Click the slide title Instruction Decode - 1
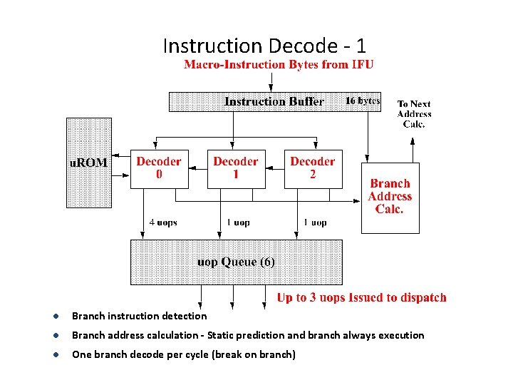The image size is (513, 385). (x=264, y=46)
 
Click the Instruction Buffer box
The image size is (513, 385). (x=274, y=101)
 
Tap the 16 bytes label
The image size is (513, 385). (x=362, y=101)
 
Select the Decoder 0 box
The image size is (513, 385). (x=159, y=168)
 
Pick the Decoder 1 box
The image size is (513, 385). (x=236, y=168)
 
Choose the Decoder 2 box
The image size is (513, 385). (x=313, y=168)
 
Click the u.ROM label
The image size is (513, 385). (x=88, y=163)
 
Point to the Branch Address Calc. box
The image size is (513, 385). (x=390, y=197)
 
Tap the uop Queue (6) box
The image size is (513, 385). (x=236, y=262)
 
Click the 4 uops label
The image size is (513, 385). (x=163, y=222)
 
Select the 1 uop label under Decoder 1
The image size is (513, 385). (x=238, y=222)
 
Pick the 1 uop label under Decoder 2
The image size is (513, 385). (x=315, y=222)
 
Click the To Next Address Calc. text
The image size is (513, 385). (x=414, y=114)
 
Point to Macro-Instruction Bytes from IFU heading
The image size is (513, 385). (x=279, y=65)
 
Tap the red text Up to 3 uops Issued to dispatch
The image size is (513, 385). (x=361, y=298)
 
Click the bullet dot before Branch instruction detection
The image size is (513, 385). (x=54, y=317)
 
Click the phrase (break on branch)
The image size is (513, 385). (x=254, y=354)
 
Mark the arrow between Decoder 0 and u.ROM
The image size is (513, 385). (x=122, y=161)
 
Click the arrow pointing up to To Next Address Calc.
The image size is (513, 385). (x=413, y=146)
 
